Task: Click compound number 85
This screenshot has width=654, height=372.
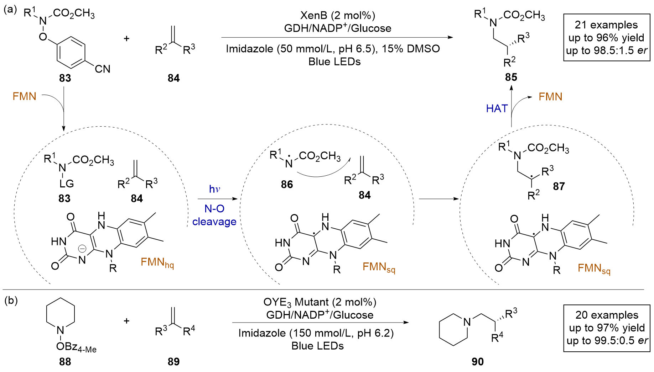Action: tap(511, 77)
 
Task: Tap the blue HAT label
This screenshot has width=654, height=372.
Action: tap(497, 108)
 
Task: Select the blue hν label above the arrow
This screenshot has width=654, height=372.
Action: tap(214, 189)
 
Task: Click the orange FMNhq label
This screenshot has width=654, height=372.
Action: tap(157, 262)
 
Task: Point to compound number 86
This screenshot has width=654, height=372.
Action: tap(287, 184)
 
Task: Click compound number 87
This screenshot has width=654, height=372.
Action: tap(559, 186)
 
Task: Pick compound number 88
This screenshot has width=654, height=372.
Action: tap(65, 362)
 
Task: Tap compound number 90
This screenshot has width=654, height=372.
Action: tap(478, 362)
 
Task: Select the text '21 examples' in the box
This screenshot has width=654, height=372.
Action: tap(606, 25)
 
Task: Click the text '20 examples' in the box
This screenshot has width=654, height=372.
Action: tap(607, 315)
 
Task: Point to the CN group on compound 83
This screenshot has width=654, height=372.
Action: tap(103, 69)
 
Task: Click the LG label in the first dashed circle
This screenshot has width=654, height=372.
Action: tap(67, 184)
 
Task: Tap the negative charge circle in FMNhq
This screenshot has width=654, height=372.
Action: tap(82, 249)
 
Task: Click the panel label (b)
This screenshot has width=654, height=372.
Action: tap(11, 301)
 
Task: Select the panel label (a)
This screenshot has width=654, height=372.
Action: tap(10, 10)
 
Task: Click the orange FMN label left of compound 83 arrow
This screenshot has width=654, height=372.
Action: tap(24, 96)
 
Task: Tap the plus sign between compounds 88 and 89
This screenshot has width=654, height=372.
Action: tap(126, 321)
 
